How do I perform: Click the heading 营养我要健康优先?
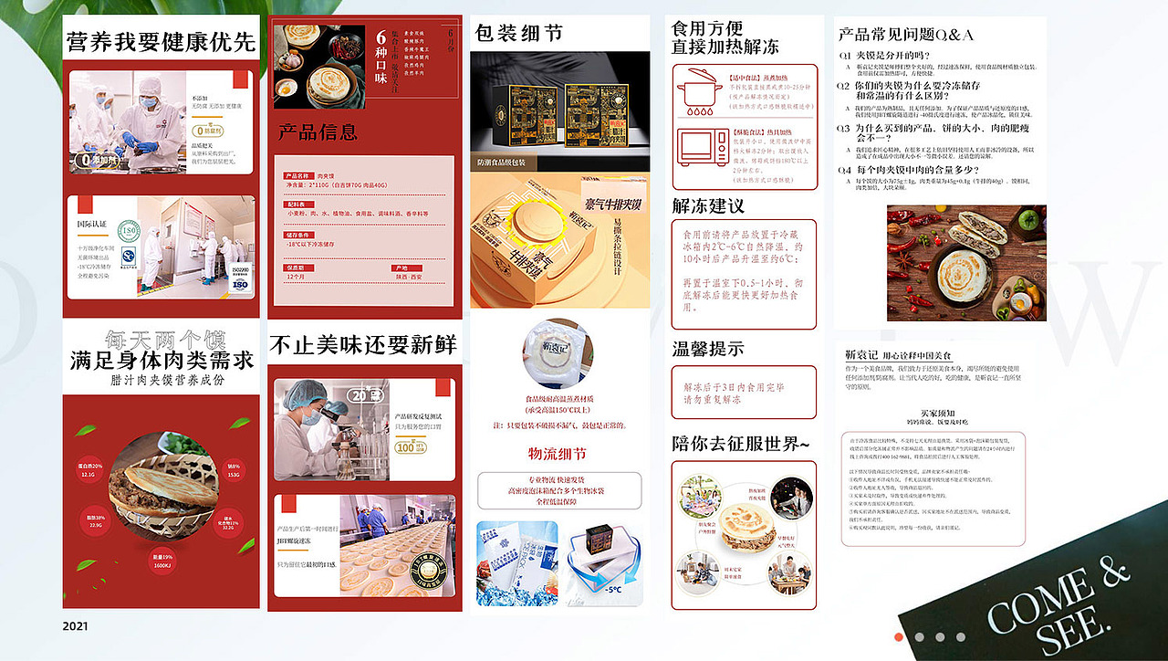[161, 43]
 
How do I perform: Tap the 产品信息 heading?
[318, 133]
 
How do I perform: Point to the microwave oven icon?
[700, 151]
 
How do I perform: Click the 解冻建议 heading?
[708, 205]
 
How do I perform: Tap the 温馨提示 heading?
[708, 348]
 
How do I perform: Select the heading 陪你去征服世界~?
[740, 445]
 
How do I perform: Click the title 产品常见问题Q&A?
[905, 35]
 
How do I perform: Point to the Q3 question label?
[845, 129]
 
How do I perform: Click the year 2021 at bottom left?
[76, 626]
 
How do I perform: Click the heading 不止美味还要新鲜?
[363, 345]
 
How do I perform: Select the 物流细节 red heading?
[557, 454]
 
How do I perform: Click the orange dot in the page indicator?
[899, 636]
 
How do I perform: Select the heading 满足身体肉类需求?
[162, 360]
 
